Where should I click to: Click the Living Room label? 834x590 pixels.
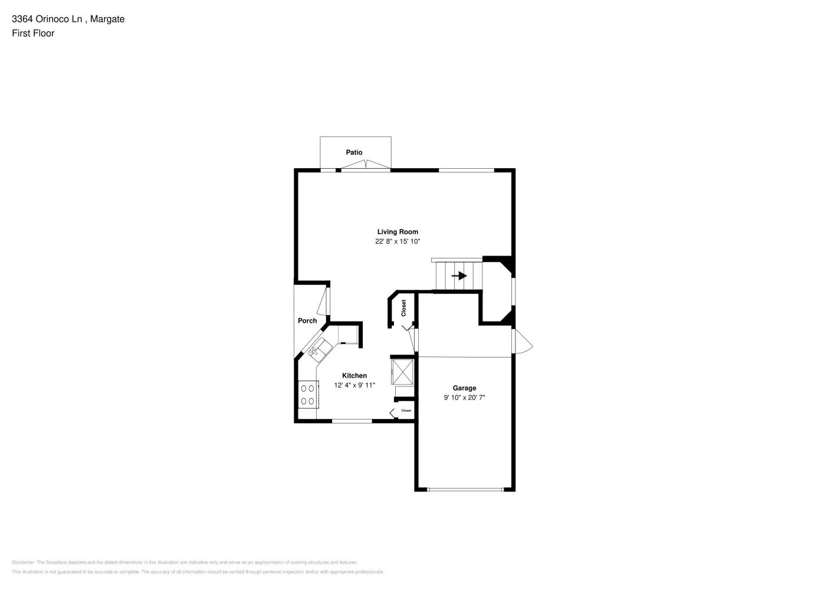point(398,232)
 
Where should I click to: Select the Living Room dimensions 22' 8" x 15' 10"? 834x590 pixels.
point(398,241)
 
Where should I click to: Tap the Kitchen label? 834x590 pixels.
point(354,375)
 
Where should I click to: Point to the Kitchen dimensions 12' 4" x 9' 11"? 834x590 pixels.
point(354,385)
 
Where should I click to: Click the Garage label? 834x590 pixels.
point(464,388)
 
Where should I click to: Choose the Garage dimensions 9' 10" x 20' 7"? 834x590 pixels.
point(464,398)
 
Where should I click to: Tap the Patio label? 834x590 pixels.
point(354,152)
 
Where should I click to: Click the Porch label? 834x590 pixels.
point(307,320)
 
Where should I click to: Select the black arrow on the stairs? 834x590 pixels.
point(459,276)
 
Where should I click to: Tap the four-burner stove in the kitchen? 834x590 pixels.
point(308,395)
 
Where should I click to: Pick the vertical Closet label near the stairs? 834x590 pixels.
point(404,308)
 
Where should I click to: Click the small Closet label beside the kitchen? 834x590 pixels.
point(406,411)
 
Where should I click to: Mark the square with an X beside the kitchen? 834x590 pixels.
point(403,371)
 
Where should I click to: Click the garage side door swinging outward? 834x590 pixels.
point(523,342)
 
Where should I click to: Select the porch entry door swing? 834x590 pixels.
point(323,301)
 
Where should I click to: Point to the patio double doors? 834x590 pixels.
point(366,165)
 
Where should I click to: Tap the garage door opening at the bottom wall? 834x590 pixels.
point(465,489)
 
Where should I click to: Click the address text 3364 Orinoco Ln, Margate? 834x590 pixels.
point(68,19)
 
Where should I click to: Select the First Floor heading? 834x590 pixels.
point(33,33)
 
